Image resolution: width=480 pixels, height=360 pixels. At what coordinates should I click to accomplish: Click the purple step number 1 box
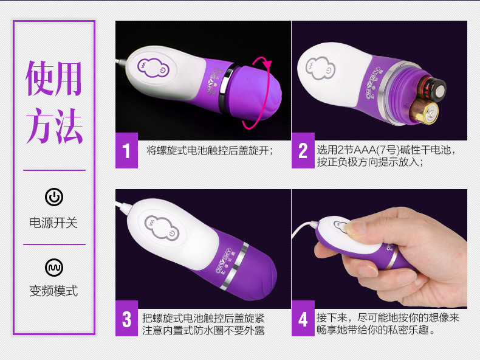[x=126, y=150]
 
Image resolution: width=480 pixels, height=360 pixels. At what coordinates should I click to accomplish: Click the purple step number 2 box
[x=303, y=150]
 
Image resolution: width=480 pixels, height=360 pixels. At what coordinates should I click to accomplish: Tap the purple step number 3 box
[x=126, y=319]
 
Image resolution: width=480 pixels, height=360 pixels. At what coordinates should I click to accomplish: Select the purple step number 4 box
[x=303, y=319]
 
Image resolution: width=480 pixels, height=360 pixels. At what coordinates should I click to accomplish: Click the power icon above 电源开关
[x=54, y=196]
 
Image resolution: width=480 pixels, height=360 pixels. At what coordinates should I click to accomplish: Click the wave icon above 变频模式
[x=54, y=268]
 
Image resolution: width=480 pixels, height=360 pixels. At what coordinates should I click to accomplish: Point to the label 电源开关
[x=53, y=223]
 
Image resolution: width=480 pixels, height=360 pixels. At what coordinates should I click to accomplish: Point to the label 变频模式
[x=53, y=291]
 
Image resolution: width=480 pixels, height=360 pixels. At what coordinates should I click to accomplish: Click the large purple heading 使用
[x=54, y=78]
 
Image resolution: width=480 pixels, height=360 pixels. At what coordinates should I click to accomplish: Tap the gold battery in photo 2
[x=424, y=113]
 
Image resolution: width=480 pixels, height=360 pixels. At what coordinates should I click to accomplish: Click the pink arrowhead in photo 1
[x=267, y=64]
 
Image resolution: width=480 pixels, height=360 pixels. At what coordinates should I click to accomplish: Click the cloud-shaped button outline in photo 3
[x=162, y=227]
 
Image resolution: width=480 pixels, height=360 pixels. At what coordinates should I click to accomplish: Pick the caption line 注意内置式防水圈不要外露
[x=204, y=331]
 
